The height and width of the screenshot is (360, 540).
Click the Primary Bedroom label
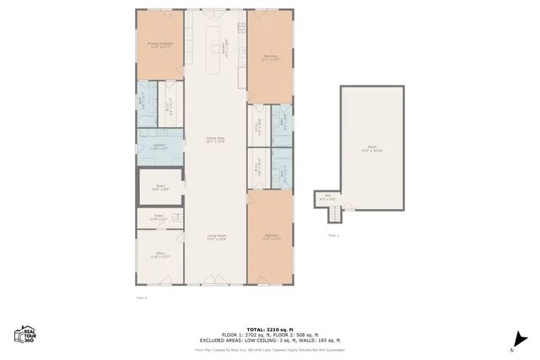click(x=159, y=45)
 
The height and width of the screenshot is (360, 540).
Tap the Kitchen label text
click(x=224, y=49)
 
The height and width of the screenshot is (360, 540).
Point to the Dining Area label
click(x=216, y=140)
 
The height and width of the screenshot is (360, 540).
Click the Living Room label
click(x=217, y=237)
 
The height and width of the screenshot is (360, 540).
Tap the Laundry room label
click(x=159, y=147)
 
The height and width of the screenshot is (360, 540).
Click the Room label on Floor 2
click(x=372, y=149)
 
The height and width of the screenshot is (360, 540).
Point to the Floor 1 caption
click(x=141, y=298)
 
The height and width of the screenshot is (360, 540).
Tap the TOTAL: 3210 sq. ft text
click(x=269, y=328)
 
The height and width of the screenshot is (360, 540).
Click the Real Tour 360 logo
click(x=24, y=335)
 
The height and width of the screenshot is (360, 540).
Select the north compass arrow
click(x=512, y=341)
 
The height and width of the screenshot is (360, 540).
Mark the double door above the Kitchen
click(x=216, y=11)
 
